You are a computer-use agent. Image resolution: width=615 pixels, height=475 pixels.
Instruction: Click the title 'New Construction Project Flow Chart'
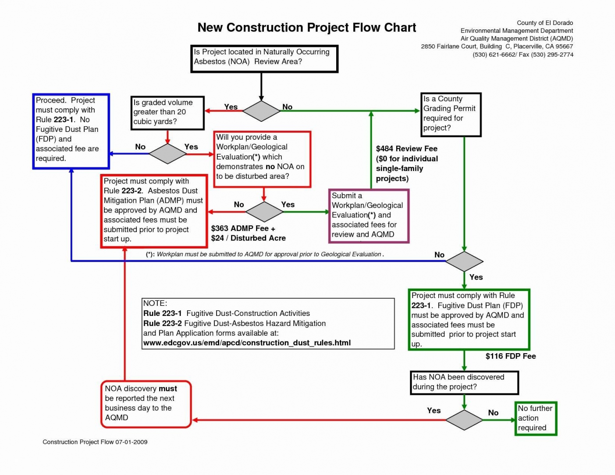click(306, 28)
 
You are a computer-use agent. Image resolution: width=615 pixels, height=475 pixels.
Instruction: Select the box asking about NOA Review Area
click(264, 59)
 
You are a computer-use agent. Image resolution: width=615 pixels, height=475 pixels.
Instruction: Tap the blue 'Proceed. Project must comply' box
click(71, 131)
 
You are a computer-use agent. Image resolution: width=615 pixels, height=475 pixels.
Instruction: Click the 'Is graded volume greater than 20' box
click(167, 113)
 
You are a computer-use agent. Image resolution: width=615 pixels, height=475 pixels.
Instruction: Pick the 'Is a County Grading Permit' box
click(451, 114)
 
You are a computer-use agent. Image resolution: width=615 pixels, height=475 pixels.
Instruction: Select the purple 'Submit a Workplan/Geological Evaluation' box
click(369, 216)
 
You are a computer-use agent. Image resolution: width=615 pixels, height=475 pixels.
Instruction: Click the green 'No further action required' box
click(536, 418)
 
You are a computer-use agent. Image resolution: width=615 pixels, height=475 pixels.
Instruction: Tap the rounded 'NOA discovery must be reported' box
click(146, 404)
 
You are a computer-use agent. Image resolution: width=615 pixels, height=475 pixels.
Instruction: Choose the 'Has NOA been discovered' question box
click(464, 383)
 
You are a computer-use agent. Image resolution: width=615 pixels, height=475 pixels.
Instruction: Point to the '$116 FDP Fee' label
click(511, 356)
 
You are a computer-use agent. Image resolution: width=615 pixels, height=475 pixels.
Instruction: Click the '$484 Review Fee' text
click(406, 149)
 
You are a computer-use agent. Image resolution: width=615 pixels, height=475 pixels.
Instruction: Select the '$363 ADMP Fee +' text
click(243, 228)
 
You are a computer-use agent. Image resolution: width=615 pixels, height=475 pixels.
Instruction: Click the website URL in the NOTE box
click(247, 343)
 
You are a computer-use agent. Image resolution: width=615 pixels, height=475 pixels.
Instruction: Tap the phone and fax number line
click(523, 55)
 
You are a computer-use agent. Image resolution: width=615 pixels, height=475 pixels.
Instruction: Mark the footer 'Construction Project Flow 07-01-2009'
click(95, 442)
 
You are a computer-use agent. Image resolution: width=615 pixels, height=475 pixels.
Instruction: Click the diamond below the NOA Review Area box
click(261, 111)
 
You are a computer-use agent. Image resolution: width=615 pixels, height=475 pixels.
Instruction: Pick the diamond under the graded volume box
click(167, 154)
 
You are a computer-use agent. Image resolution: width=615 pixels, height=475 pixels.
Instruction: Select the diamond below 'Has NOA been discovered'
click(464, 420)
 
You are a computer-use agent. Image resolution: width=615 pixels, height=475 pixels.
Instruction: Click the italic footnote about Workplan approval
click(265, 254)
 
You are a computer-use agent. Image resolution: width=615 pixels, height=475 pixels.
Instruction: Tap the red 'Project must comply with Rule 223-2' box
click(154, 211)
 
